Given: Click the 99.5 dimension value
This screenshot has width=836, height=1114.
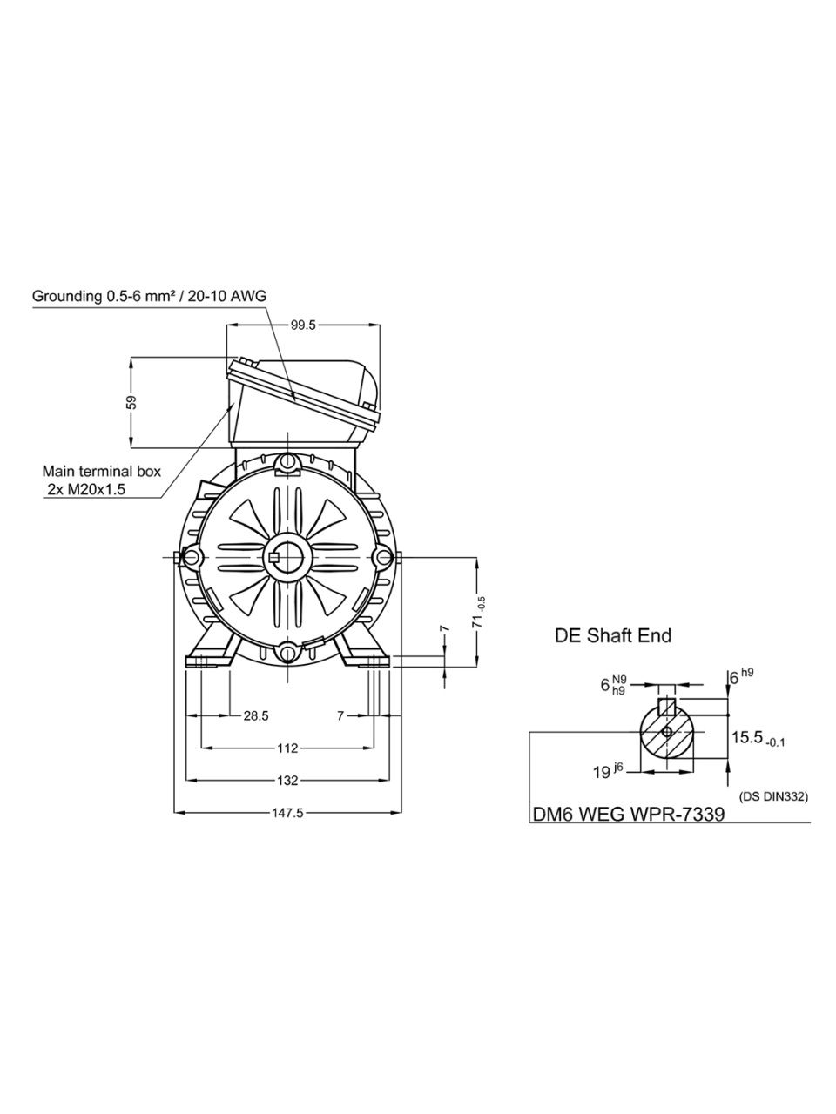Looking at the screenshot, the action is (x=303, y=325).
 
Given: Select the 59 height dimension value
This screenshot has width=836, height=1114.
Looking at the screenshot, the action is (x=131, y=402).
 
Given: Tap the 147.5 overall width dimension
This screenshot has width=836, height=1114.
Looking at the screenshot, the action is (x=287, y=813).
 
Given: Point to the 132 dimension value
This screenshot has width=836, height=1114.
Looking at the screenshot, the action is (x=287, y=781).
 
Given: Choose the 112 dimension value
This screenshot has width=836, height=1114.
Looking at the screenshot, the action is (x=287, y=748).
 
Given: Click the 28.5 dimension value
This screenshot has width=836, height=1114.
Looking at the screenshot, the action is (x=256, y=716).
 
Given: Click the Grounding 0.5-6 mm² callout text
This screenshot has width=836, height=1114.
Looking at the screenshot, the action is (x=149, y=297).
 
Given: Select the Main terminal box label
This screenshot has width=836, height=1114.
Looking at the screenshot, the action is (x=102, y=472).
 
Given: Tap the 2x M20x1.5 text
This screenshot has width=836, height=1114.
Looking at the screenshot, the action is (x=86, y=490).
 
